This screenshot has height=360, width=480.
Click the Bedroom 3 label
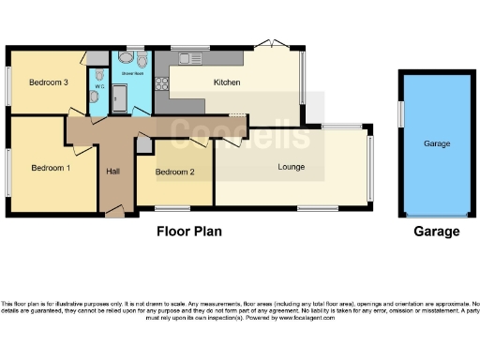48,82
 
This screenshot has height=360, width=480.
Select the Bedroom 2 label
174,172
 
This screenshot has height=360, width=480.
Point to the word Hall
112,172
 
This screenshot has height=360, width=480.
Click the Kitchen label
227,82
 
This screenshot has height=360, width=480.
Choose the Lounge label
292,167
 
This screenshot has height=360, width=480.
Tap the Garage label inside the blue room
437,143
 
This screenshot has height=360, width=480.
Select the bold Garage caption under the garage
437,232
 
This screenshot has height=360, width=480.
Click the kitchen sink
188,59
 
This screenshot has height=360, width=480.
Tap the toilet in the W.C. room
100,74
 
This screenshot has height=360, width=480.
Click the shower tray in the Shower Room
120,97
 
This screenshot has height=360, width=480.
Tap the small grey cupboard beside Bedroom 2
143,145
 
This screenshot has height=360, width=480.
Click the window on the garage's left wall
398,112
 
